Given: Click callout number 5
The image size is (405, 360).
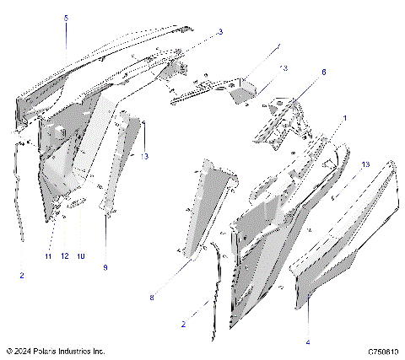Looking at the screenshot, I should tap(67, 18).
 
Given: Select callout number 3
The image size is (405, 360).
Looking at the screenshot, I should tap(220, 32).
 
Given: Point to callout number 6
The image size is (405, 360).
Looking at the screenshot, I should tap(323, 73).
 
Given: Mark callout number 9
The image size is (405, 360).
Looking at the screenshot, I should tap(105, 267).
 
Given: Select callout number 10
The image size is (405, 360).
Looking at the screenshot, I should tap(81, 255).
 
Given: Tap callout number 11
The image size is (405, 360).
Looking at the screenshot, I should tap(48, 255).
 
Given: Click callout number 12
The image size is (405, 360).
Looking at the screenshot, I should tap(64, 255).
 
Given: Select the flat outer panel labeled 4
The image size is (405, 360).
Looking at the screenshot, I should tap(346, 228).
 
